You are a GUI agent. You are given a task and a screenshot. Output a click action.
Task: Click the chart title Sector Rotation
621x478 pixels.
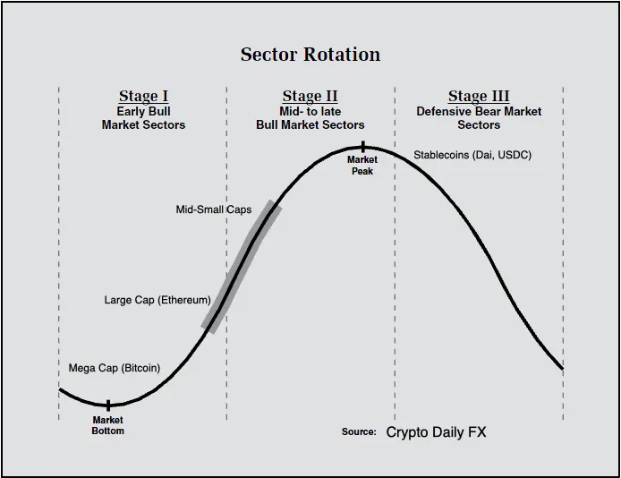point(310,55)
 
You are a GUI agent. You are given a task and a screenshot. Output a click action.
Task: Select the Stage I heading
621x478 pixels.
point(143,97)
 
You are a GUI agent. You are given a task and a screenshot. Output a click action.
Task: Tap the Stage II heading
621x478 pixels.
point(310,97)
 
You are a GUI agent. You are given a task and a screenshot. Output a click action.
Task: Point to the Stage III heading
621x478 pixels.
point(479,97)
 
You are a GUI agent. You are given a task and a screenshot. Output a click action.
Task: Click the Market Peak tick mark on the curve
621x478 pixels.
point(362,147)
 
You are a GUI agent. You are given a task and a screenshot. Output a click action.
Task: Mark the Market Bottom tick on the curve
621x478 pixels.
point(108,405)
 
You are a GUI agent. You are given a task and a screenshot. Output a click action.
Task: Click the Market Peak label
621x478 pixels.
point(362,165)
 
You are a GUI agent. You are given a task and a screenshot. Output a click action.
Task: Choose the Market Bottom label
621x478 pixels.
point(107,425)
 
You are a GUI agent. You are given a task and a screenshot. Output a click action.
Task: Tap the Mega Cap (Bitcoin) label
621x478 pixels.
point(115,368)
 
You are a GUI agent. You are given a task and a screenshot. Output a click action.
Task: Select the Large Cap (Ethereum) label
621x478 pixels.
point(157,300)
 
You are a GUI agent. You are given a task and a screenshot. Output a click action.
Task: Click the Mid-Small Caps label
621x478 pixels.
point(214,209)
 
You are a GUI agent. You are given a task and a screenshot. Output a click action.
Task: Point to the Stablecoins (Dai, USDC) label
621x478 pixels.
point(472,155)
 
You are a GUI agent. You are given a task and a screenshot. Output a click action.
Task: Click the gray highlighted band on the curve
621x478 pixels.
point(242,267)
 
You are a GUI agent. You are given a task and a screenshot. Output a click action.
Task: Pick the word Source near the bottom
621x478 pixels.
point(359,431)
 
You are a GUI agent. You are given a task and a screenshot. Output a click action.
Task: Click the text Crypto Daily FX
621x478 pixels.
point(436,431)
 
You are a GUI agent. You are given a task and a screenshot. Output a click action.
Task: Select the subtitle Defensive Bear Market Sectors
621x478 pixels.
point(479,118)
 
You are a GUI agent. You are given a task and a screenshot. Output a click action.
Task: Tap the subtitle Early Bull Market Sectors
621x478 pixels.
point(143,118)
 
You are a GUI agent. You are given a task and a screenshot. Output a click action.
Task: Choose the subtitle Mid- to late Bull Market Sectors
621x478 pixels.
point(310,118)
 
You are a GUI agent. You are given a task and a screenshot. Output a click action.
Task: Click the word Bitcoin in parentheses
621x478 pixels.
point(141,368)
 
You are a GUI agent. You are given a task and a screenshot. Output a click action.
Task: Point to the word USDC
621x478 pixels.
point(513,155)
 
